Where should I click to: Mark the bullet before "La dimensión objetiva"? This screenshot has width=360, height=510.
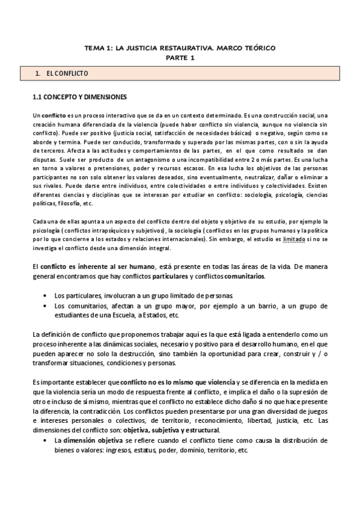46,440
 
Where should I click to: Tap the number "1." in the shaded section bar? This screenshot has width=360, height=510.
38,73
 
